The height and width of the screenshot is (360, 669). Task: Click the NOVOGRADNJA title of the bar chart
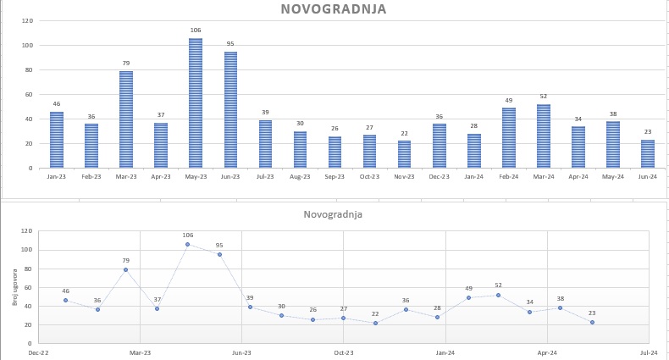pyautogui.click(x=334, y=10)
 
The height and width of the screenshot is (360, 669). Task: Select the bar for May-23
pyautogui.click(x=196, y=103)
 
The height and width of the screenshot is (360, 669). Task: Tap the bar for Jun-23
pyautogui.click(x=230, y=110)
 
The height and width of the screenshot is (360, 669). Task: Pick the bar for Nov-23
pyautogui.click(x=404, y=154)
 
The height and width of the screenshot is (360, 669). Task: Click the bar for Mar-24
pyautogui.click(x=543, y=136)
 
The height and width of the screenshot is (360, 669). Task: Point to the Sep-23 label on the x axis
pyautogui.click(x=334, y=176)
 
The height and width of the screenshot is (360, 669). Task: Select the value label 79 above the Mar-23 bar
pyautogui.click(x=126, y=63)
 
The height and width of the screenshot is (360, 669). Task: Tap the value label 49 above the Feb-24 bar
pyautogui.click(x=508, y=100)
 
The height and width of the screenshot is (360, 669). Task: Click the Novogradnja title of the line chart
pyautogui.click(x=333, y=215)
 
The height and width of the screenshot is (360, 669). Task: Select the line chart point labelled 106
pyautogui.click(x=188, y=244)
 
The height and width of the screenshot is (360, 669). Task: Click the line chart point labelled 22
pyautogui.click(x=375, y=323)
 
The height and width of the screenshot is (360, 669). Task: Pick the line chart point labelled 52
pyautogui.click(x=499, y=295)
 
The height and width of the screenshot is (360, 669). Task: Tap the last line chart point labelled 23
pyautogui.click(x=592, y=322)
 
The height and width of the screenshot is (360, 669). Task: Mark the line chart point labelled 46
pyautogui.click(x=65, y=300)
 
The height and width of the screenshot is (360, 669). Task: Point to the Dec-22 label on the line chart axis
pyautogui.click(x=38, y=352)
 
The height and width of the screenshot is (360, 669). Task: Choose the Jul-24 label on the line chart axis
pyautogui.click(x=650, y=352)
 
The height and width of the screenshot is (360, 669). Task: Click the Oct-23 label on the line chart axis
pyautogui.click(x=343, y=352)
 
